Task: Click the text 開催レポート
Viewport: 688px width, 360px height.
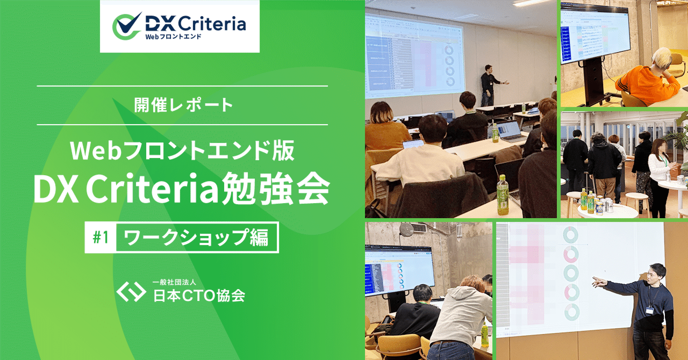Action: pos(182,105)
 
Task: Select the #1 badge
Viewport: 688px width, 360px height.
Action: pos(101,237)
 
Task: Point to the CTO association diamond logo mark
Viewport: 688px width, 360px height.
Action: pos(131,291)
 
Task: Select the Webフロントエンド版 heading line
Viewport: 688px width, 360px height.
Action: pos(182,151)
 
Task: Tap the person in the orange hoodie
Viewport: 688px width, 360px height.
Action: pos(645,81)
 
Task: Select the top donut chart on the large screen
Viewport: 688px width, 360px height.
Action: pos(570,235)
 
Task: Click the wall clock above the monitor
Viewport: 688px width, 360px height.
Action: pos(407,229)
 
